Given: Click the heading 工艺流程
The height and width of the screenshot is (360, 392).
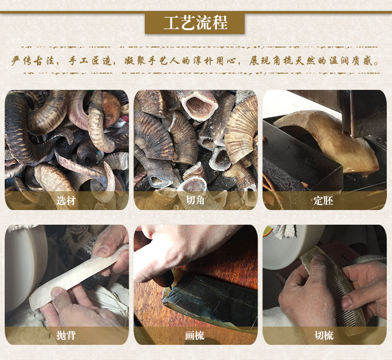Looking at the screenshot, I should pos(195,24).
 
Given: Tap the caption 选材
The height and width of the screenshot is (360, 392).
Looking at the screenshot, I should pos(66,200).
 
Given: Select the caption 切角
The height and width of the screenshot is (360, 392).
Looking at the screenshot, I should pos(195,200).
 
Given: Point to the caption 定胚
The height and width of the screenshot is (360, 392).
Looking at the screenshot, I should pos(324,200).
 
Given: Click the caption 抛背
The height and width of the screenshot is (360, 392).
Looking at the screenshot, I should pos(66,335).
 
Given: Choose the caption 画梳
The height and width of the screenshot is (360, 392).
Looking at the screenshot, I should pos(195,335).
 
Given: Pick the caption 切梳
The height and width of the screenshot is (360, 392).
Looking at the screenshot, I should pos(324,335).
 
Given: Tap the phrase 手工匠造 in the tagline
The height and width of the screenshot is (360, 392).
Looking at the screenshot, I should pos(92,61).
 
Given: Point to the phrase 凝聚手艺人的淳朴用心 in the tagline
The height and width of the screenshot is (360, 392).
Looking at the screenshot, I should pos(184,61).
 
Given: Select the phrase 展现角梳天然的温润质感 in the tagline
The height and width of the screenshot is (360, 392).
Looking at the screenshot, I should pos(316,61).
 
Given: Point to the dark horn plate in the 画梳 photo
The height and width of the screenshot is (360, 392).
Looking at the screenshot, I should pos(209,298).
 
